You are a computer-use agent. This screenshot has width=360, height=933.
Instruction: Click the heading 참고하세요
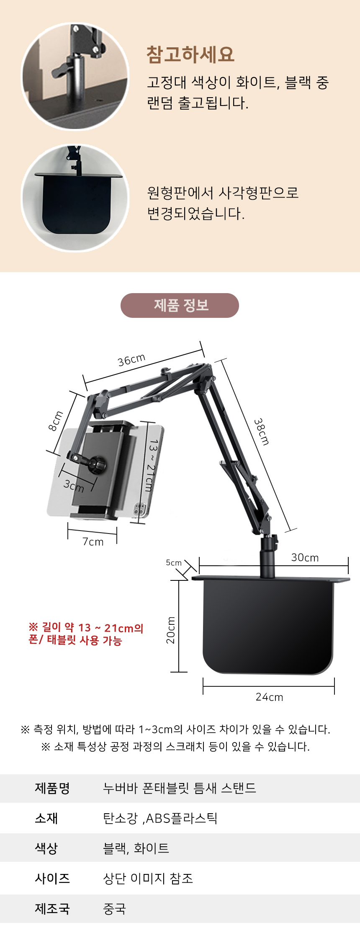click(190, 54)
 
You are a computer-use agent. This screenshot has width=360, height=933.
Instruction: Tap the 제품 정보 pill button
click(180, 305)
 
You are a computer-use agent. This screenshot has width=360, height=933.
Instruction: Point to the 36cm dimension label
click(131, 360)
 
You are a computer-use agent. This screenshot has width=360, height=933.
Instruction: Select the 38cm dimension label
click(262, 431)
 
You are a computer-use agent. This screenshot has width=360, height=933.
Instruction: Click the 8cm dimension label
click(56, 421)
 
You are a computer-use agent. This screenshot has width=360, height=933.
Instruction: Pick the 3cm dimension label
click(74, 486)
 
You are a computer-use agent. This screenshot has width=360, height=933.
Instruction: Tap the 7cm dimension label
click(93, 542)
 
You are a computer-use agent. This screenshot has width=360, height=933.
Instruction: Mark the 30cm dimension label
click(305, 558)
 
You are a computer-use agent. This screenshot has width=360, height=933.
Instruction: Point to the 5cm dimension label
click(174, 563)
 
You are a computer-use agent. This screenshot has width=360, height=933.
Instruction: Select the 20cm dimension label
click(171, 630)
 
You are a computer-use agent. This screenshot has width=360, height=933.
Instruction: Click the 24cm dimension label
click(269, 697)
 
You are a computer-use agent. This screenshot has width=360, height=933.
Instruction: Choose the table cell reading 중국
click(114, 909)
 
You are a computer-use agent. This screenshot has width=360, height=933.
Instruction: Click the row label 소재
click(46, 818)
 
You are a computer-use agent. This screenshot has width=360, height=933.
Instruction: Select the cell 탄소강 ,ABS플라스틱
click(160, 818)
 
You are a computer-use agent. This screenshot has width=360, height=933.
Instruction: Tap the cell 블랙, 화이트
click(136, 848)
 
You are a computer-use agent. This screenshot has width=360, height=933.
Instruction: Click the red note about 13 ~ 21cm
click(86, 634)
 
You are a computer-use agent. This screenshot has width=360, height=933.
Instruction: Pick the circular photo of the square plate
click(75, 198)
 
